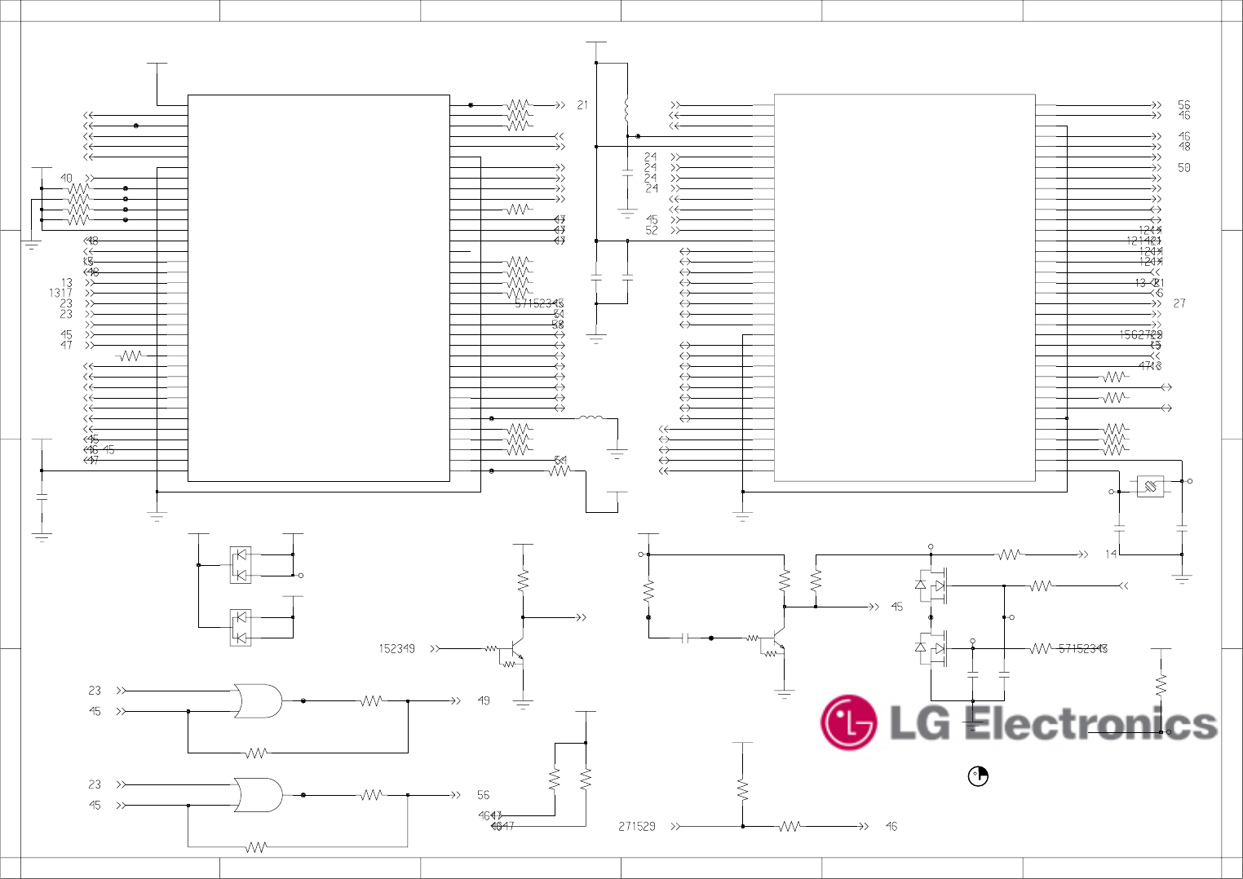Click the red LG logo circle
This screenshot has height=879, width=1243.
pyautogui.click(x=848, y=722)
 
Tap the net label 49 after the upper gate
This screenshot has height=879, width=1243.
pyautogui.click(x=484, y=700)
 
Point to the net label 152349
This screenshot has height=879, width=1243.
pyautogui.click(x=396, y=649)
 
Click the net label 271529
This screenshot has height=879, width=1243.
pyautogui.click(x=636, y=827)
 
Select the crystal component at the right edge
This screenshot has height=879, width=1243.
pyautogui.click(x=1150, y=487)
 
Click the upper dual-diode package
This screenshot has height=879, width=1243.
pyautogui.click(x=240, y=564)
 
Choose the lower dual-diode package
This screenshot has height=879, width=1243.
pyautogui.click(x=240, y=627)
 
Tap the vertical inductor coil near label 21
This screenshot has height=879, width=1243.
pyautogui.click(x=626, y=108)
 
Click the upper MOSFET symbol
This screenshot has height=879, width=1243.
pyautogui.click(x=933, y=585)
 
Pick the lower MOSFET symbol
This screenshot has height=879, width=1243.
pyautogui.click(x=933, y=649)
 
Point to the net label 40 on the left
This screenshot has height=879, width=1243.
pyautogui.click(x=66, y=178)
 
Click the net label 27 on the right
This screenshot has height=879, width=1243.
pyautogui.click(x=1179, y=303)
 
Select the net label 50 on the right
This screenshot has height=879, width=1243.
pyautogui.click(x=1184, y=167)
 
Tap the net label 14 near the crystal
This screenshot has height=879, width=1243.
pyautogui.click(x=1111, y=554)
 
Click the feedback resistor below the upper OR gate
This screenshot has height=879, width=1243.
pyautogui.click(x=256, y=753)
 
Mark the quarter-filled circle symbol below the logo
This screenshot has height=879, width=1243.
pyautogui.click(x=977, y=776)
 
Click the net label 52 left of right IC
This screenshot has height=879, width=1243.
pyautogui.click(x=652, y=231)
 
